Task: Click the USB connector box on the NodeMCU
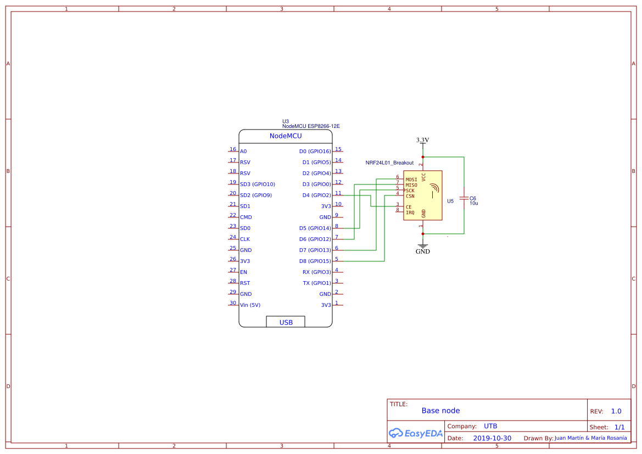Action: point(286,322)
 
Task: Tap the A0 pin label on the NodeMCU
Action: point(243,152)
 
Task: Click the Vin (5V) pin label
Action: point(250,305)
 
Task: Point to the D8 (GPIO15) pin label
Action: point(315,261)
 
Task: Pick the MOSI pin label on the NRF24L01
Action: point(411,180)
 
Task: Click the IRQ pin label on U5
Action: point(410,212)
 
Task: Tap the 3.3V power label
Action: point(422,140)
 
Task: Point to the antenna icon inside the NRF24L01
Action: point(434,189)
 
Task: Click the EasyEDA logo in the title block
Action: point(415,433)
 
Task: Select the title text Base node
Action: point(440,411)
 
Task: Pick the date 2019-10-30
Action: point(492,438)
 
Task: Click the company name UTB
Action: point(490,426)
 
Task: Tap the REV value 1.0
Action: point(616,411)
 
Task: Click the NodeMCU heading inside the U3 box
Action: point(285,136)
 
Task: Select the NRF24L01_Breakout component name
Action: point(389,163)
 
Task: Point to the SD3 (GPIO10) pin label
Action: point(258,184)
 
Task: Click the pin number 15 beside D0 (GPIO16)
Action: point(338,149)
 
